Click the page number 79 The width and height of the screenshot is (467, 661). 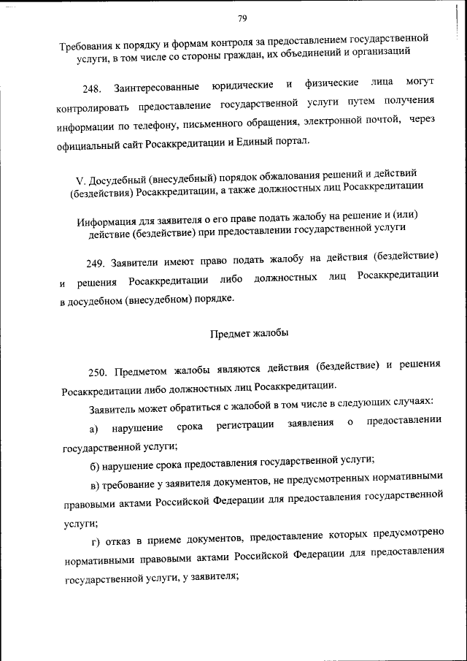pyautogui.click(x=242, y=18)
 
